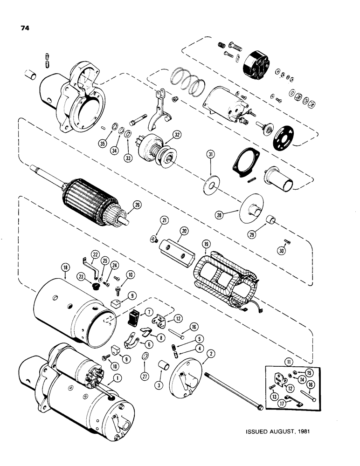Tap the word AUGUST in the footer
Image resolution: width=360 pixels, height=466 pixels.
point(279,431)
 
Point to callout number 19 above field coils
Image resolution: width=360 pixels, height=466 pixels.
point(205,244)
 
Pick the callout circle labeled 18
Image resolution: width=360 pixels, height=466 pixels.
point(65,267)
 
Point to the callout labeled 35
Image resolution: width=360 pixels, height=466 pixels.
point(102,144)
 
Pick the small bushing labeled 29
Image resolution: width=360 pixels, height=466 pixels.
point(269,220)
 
